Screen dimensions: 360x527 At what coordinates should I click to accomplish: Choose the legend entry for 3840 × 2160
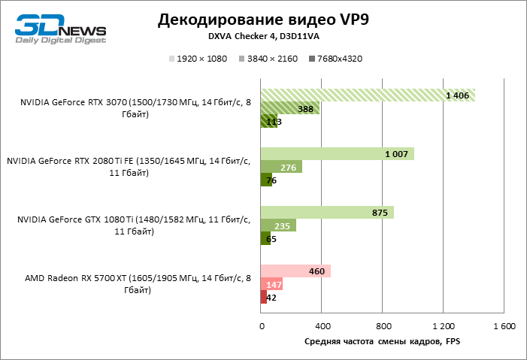pos(268,59)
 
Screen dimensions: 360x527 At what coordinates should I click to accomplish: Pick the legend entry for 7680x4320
pos(336,59)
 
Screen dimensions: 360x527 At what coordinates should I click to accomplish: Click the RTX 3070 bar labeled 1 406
pos(368,95)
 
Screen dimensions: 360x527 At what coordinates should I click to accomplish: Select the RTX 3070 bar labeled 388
pos(289,108)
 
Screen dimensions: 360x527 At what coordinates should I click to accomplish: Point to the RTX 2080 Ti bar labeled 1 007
pos(337,153)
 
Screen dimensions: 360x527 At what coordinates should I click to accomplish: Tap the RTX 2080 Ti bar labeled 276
pos(281,167)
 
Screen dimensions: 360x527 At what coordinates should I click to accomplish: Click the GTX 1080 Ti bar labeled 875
pos(327,213)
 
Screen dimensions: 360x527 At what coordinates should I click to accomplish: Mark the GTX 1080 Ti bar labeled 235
pos(278,225)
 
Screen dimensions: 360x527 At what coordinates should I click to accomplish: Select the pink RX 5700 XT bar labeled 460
pos(295,271)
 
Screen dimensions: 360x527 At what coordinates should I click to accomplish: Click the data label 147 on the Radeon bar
pos(274,284)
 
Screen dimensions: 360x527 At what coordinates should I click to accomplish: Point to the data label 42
pos(271,298)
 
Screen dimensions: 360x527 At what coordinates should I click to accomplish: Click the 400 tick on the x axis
pos(322,327)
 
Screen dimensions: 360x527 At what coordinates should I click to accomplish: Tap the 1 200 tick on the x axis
pos(443,327)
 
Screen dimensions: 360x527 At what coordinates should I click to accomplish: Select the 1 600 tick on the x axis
pos(503,327)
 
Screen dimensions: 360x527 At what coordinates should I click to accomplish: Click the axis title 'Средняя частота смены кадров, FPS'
pos(381,342)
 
